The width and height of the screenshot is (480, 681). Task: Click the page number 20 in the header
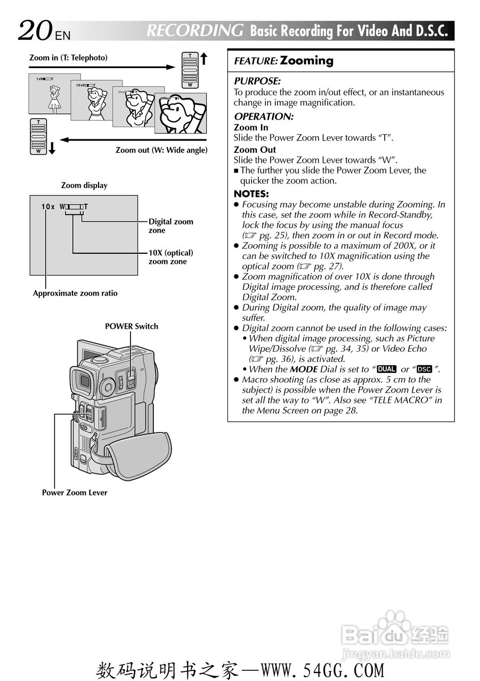35,31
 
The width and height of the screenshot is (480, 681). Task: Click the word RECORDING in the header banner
195,31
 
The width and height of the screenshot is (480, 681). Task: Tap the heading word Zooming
307,61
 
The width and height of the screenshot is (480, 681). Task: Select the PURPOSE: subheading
257,81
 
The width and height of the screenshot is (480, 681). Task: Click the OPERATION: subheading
263,117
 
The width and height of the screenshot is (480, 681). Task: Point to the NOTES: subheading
251,194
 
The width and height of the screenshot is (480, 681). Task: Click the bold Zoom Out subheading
255,150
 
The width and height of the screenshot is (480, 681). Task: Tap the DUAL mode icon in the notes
386,369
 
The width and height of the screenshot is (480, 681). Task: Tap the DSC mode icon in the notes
424,369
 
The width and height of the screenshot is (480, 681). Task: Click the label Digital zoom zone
170,226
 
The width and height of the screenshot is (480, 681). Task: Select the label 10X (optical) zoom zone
170,257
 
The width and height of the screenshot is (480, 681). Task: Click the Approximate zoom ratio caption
75,293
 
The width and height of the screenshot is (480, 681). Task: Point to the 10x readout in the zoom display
48,206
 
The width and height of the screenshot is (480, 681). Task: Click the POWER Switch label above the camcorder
131,326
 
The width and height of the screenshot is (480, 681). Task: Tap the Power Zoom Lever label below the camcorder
75,493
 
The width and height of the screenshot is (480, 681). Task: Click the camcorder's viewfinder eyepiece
84,379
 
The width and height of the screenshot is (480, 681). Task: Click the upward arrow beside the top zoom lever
203,59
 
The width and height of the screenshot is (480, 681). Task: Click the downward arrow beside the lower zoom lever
52,148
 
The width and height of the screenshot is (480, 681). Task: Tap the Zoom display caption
84,186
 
